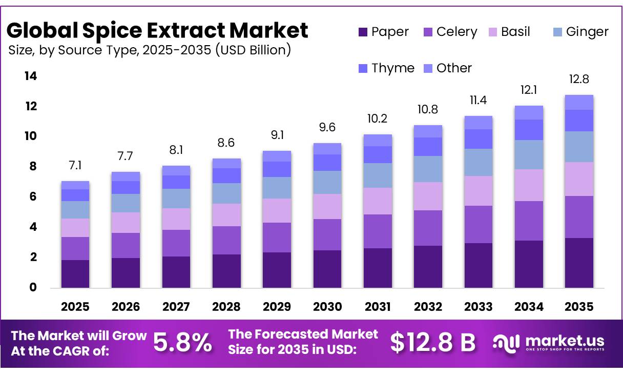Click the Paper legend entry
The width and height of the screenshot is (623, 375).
(384, 32)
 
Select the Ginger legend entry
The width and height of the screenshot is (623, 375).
(581, 32)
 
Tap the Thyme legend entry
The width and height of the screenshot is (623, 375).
(387, 68)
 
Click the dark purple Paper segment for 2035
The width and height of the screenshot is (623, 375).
(579, 263)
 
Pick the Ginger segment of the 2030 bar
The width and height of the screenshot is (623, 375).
(327, 182)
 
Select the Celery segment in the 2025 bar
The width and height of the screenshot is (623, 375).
(75, 249)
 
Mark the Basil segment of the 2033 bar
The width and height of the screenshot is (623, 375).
(479, 191)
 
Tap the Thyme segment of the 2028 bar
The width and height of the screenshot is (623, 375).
(226, 175)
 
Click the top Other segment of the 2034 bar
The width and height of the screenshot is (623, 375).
(529, 113)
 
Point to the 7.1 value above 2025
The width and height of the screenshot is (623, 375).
(75, 165)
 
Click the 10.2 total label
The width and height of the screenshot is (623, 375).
(378, 119)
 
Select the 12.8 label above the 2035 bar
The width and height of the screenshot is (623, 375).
(579, 79)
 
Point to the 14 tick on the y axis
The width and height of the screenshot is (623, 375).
(31, 76)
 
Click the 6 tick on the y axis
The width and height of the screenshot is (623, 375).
(33, 196)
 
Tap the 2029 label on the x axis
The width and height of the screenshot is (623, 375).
(277, 307)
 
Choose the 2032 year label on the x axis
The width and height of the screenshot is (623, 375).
(428, 307)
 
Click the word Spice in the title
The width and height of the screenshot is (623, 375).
(112, 31)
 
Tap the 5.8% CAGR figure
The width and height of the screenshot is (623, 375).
(182, 343)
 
